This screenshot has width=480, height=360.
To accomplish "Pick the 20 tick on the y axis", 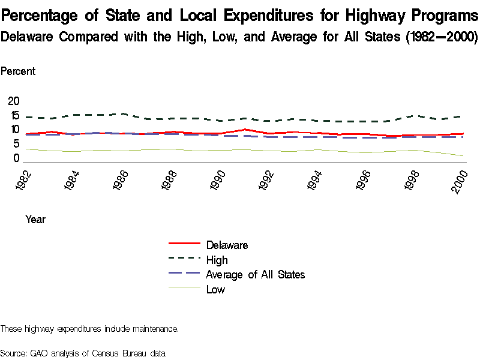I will click(x=14, y=100).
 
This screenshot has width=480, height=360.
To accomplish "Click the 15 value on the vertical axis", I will click(x=14, y=116).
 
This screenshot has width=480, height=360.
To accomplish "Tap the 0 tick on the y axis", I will click(x=17, y=158).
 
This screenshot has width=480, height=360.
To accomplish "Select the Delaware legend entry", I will click(x=227, y=245).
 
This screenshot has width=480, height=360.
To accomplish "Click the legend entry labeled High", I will click(x=217, y=260).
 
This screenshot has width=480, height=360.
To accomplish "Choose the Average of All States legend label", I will click(x=255, y=274).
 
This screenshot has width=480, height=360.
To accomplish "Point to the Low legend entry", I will click(x=215, y=289).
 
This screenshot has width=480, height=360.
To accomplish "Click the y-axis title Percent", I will click(x=18, y=71).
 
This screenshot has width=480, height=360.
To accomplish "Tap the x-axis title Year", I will click(x=35, y=220).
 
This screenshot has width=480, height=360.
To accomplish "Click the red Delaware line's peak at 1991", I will click(x=244, y=129).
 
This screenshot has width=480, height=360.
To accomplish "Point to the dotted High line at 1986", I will click(x=122, y=113).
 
